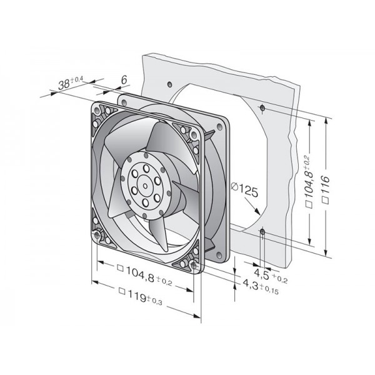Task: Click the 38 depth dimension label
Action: point(71,82)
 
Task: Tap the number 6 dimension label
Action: point(124,80)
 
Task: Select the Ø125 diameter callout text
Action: point(245,190)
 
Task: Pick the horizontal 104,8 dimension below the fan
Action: point(149,275)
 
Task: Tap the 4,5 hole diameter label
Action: point(271,275)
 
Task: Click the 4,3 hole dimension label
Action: point(261,286)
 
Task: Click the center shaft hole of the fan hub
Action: point(146,186)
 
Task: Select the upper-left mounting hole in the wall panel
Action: point(169,84)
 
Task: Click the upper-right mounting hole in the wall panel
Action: point(262,108)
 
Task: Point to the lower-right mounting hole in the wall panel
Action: point(262,231)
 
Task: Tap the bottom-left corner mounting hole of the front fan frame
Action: point(97,236)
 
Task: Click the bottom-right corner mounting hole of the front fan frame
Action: point(193,265)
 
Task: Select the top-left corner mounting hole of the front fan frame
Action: point(97,110)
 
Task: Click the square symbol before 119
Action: point(122,291)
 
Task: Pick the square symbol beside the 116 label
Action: point(326,201)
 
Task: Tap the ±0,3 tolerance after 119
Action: point(155,301)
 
